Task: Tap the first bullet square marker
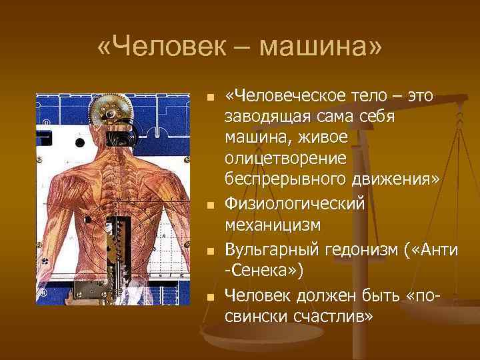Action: [210, 98]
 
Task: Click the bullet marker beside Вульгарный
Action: [210, 251]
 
